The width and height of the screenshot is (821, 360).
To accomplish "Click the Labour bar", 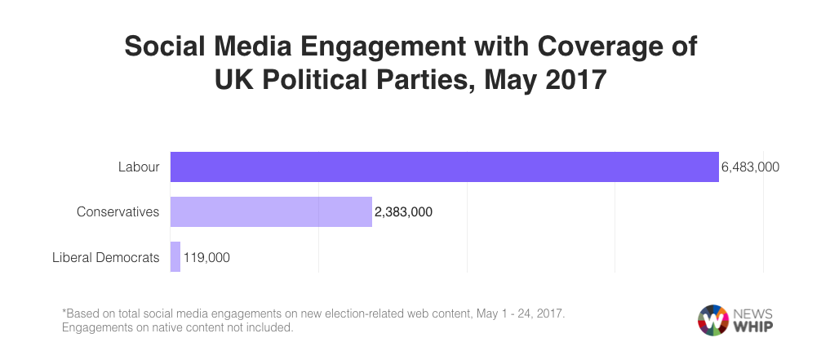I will click(x=444, y=167).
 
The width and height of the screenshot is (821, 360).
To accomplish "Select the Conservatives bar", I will click(x=271, y=211).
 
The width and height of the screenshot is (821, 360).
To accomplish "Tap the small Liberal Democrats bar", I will click(x=175, y=256).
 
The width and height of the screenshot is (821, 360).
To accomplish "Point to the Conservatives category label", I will click(x=118, y=212).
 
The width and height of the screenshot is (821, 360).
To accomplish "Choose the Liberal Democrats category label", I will click(x=105, y=257).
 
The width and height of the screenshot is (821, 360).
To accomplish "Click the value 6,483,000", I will click(x=750, y=167).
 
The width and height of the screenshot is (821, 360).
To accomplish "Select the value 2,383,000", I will click(x=403, y=212).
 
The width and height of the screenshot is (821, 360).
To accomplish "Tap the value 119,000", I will click(x=207, y=257).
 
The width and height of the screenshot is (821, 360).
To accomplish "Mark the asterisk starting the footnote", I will click(x=64, y=313).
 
